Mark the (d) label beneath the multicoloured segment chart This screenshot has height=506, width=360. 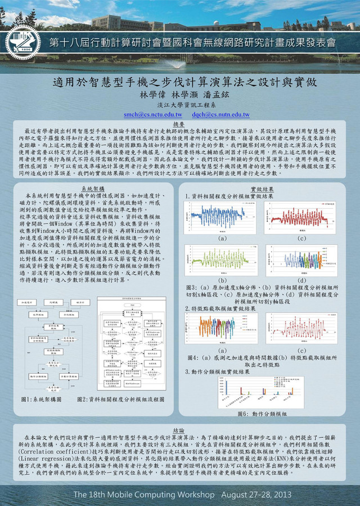click(x=303, y=280)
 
